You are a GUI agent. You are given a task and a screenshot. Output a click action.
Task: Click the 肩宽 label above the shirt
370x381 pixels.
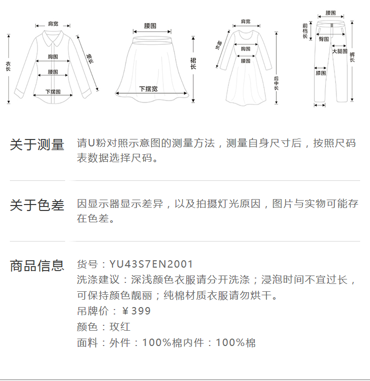click(x=53, y=23)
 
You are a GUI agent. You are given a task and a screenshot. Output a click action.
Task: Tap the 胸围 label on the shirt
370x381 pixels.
click(x=53, y=57)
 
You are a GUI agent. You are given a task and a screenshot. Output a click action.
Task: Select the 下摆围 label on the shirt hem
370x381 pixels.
click(x=53, y=92)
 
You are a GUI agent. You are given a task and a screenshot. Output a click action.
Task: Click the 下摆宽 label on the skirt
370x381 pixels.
click(x=148, y=89)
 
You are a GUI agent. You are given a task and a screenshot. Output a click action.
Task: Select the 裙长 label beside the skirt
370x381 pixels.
click(x=193, y=63)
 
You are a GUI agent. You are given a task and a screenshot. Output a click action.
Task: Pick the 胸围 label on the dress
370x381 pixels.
click(x=245, y=49)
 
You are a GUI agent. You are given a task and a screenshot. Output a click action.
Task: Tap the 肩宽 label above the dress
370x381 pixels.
click(x=245, y=21)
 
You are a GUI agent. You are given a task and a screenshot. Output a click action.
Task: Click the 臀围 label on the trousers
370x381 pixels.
click(x=324, y=38)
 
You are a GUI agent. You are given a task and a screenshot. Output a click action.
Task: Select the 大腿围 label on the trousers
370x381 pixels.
click(x=339, y=51)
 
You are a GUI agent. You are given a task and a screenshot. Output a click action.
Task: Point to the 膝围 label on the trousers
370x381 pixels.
click(x=321, y=73)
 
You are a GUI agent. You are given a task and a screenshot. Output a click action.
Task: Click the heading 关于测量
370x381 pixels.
click(x=37, y=145)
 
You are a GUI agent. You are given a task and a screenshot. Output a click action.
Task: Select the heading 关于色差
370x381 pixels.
click(x=37, y=206)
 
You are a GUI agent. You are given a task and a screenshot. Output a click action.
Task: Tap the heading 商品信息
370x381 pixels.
click(x=37, y=266)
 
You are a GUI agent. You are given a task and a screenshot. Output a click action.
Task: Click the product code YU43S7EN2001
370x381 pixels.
click(x=151, y=265)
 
